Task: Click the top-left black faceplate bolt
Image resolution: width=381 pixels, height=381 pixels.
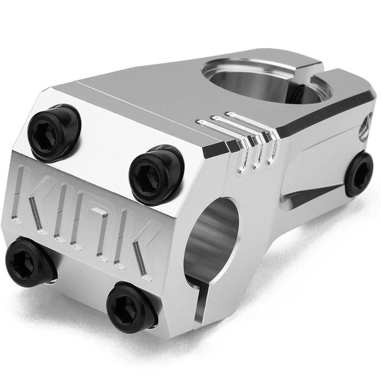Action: pos(54,133)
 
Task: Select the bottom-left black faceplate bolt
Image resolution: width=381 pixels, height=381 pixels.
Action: pos(29,262)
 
